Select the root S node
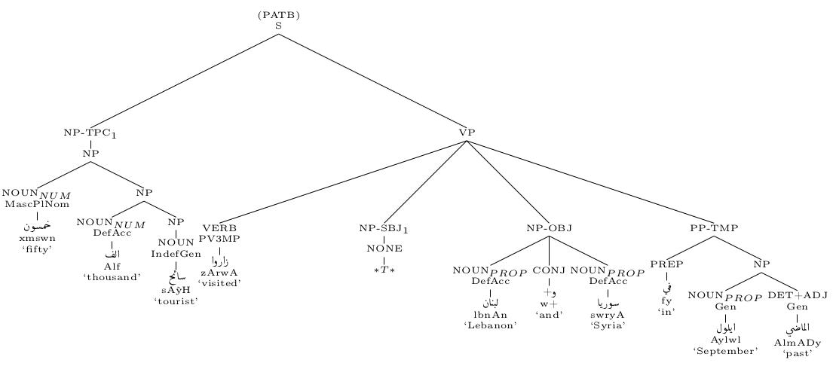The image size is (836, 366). pyautogui.click(x=278, y=26)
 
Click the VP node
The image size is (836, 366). pyautogui.click(x=467, y=133)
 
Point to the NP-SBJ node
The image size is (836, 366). pyautogui.click(x=384, y=228)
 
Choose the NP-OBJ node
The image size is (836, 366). pyautogui.click(x=549, y=227)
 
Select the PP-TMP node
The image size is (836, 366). pyautogui.click(x=713, y=227)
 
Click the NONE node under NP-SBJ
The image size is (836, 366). pyautogui.click(x=384, y=249)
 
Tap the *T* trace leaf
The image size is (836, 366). pyautogui.click(x=384, y=269)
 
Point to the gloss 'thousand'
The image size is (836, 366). pyautogui.click(x=112, y=276)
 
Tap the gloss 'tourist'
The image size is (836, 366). pyautogui.click(x=176, y=301)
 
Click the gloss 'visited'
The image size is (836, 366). pyautogui.click(x=219, y=283)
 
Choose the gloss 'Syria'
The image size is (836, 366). pyautogui.click(x=608, y=325)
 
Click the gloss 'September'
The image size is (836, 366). pyautogui.click(x=725, y=350)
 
